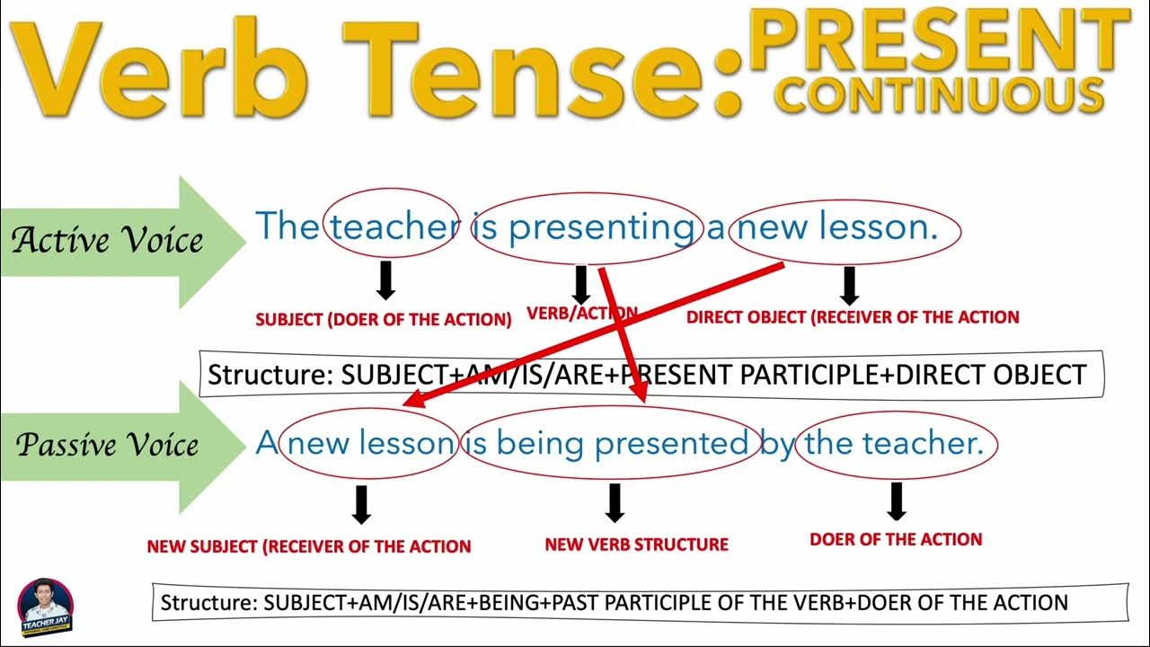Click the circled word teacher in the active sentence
click(394, 227)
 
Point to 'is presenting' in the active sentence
click(585, 227)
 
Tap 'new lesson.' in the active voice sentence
click(845, 227)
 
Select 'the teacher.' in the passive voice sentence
click(895, 442)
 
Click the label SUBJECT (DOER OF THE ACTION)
click(384, 319)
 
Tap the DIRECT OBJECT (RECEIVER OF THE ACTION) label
click(853, 316)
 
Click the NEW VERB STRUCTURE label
click(636, 544)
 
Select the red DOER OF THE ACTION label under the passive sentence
click(896, 539)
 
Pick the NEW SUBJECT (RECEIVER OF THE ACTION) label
click(309, 545)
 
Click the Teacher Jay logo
click(45, 607)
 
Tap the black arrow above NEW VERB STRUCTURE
click(615, 502)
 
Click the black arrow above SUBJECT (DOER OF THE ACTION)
click(385, 279)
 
